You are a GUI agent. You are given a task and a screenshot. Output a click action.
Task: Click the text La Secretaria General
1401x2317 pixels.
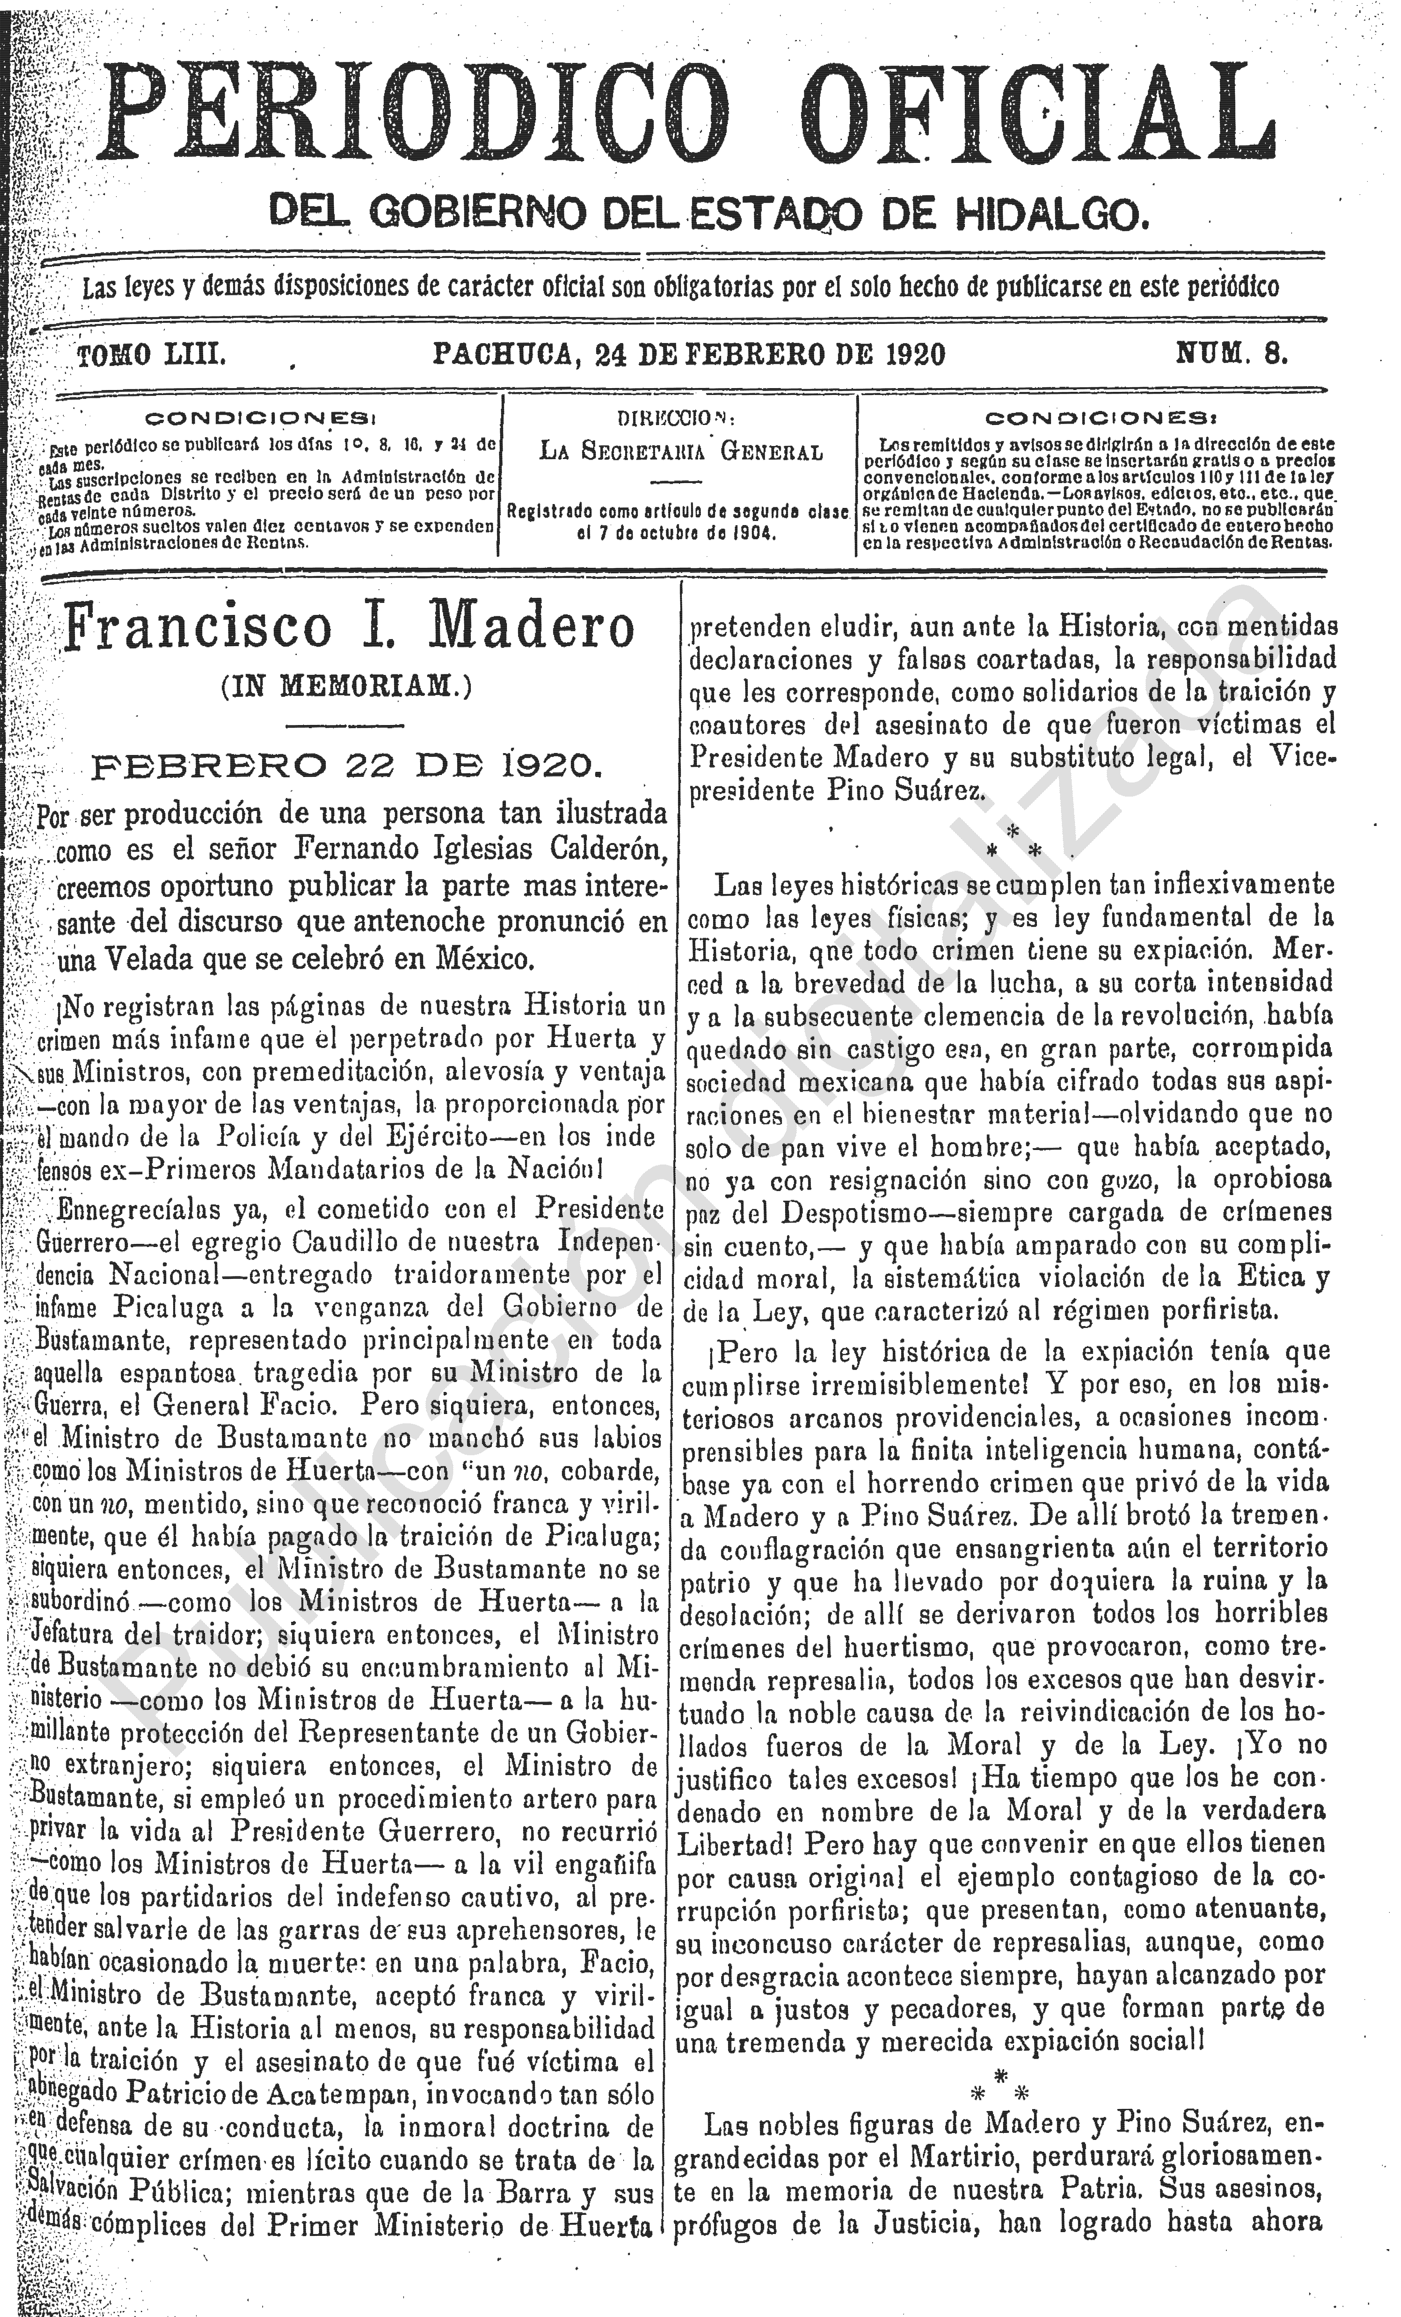pos(680,452)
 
